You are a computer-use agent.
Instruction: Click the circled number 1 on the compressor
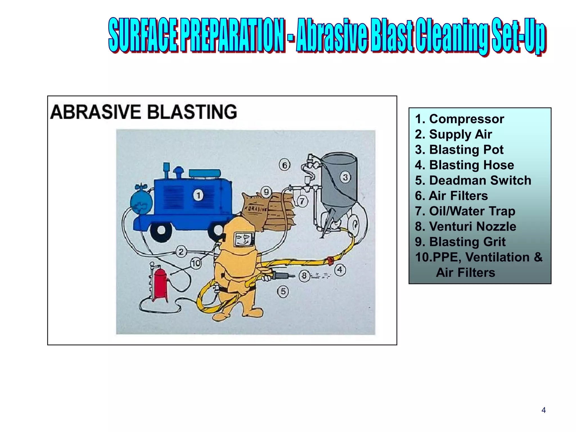pyautogui.click(x=198, y=195)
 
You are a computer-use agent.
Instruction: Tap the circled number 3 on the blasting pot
pyautogui.click(x=345, y=177)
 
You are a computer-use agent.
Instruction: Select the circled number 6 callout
pyautogui.click(x=285, y=165)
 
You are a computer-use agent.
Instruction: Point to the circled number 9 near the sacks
pyautogui.click(x=266, y=192)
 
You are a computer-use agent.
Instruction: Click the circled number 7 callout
pyautogui.click(x=302, y=201)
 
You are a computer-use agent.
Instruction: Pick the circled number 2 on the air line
pyautogui.click(x=181, y=251)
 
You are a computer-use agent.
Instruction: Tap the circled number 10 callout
pyautogui.click(x=196, y=263)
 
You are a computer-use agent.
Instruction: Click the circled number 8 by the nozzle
pyautogui.click(x=304, y=276)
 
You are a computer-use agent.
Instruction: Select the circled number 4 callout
pyautogui.click(x=340, y=270)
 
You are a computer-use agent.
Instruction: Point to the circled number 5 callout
pyautogui.click(x=283, y=291)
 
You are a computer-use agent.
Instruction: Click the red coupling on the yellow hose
pyautogui.click(x=330, y=261)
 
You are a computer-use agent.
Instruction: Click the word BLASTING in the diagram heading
pyautogui.click(x=192, y=112)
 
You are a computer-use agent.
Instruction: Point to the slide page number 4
pyautogui.click(x=543, y=410)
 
